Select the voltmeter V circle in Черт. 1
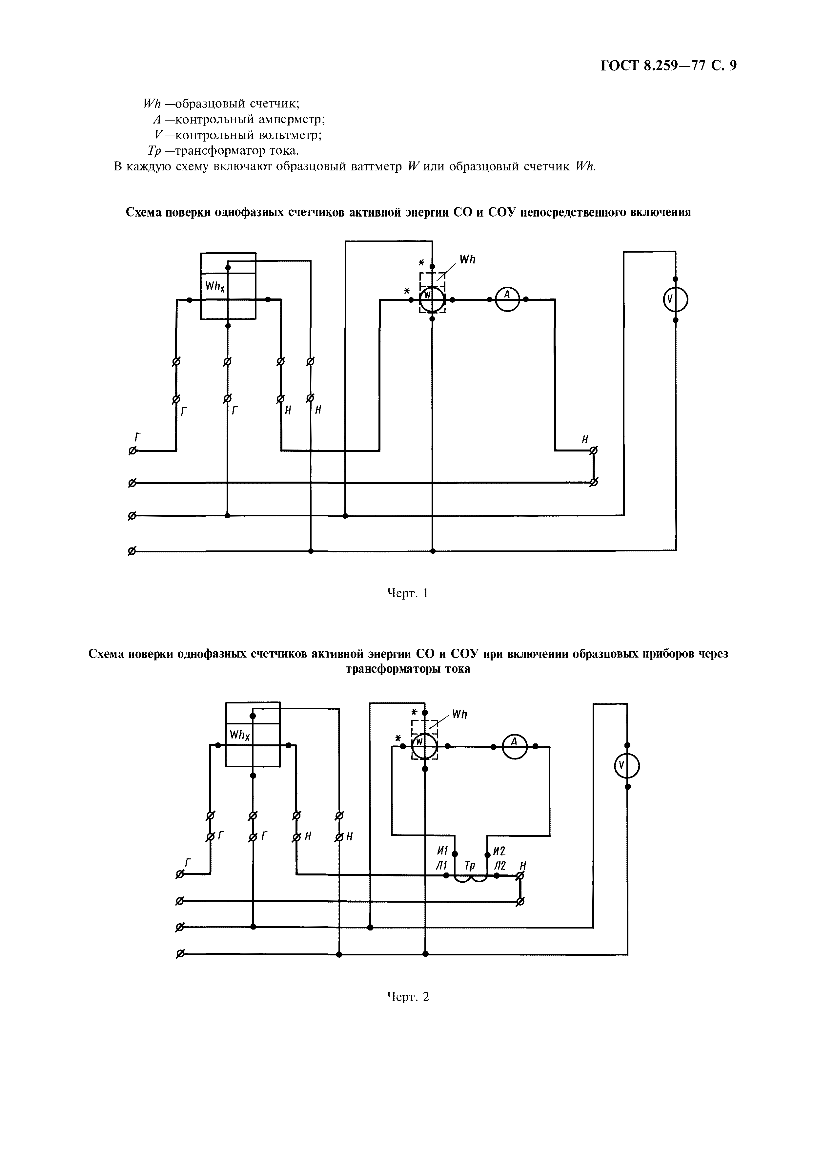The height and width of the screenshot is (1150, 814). pos(675,299)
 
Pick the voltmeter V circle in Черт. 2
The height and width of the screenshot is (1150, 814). pos(627,766)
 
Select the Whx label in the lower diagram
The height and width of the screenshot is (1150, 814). pos(240,735)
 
